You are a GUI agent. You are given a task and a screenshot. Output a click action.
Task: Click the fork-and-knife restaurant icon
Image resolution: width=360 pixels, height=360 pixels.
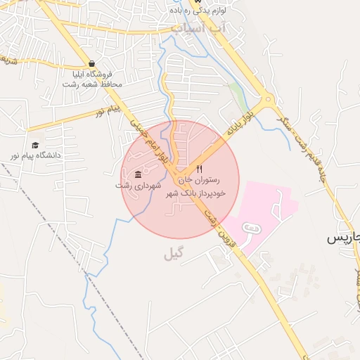200,169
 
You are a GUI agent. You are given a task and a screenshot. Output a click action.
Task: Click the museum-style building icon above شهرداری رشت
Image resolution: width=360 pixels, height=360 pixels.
138,174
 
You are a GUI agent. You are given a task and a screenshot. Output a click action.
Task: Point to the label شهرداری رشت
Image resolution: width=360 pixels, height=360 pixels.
139,186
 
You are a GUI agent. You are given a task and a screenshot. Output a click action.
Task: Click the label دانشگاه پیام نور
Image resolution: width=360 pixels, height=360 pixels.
35,155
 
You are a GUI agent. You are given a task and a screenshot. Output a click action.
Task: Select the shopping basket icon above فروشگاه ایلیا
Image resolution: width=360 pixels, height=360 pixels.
92,63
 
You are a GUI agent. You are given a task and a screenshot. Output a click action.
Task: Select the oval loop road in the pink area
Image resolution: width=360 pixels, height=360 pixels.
250,227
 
